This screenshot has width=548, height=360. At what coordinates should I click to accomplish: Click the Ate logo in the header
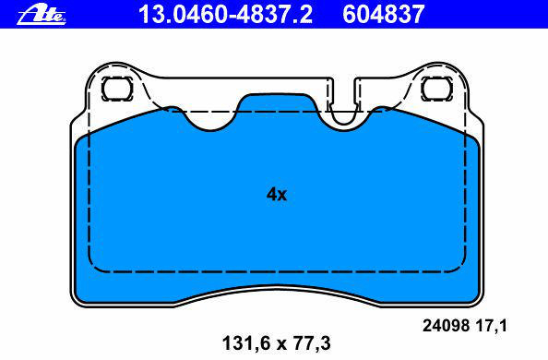point(42,15)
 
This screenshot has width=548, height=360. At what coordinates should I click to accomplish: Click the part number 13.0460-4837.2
point(225,14)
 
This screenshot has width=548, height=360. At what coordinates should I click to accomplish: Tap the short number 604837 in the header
point(384,14)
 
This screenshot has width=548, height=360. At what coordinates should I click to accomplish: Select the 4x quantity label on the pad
point(277,194)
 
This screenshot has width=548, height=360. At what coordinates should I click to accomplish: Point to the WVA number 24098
point(446,326)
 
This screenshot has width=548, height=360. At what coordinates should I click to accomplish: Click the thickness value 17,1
point(491,327)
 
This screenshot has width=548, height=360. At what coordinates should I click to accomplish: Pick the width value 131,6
point(246,343)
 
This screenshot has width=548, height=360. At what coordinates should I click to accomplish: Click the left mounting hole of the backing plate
point(117,89)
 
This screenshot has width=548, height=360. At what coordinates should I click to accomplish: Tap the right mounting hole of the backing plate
point(437,89)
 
